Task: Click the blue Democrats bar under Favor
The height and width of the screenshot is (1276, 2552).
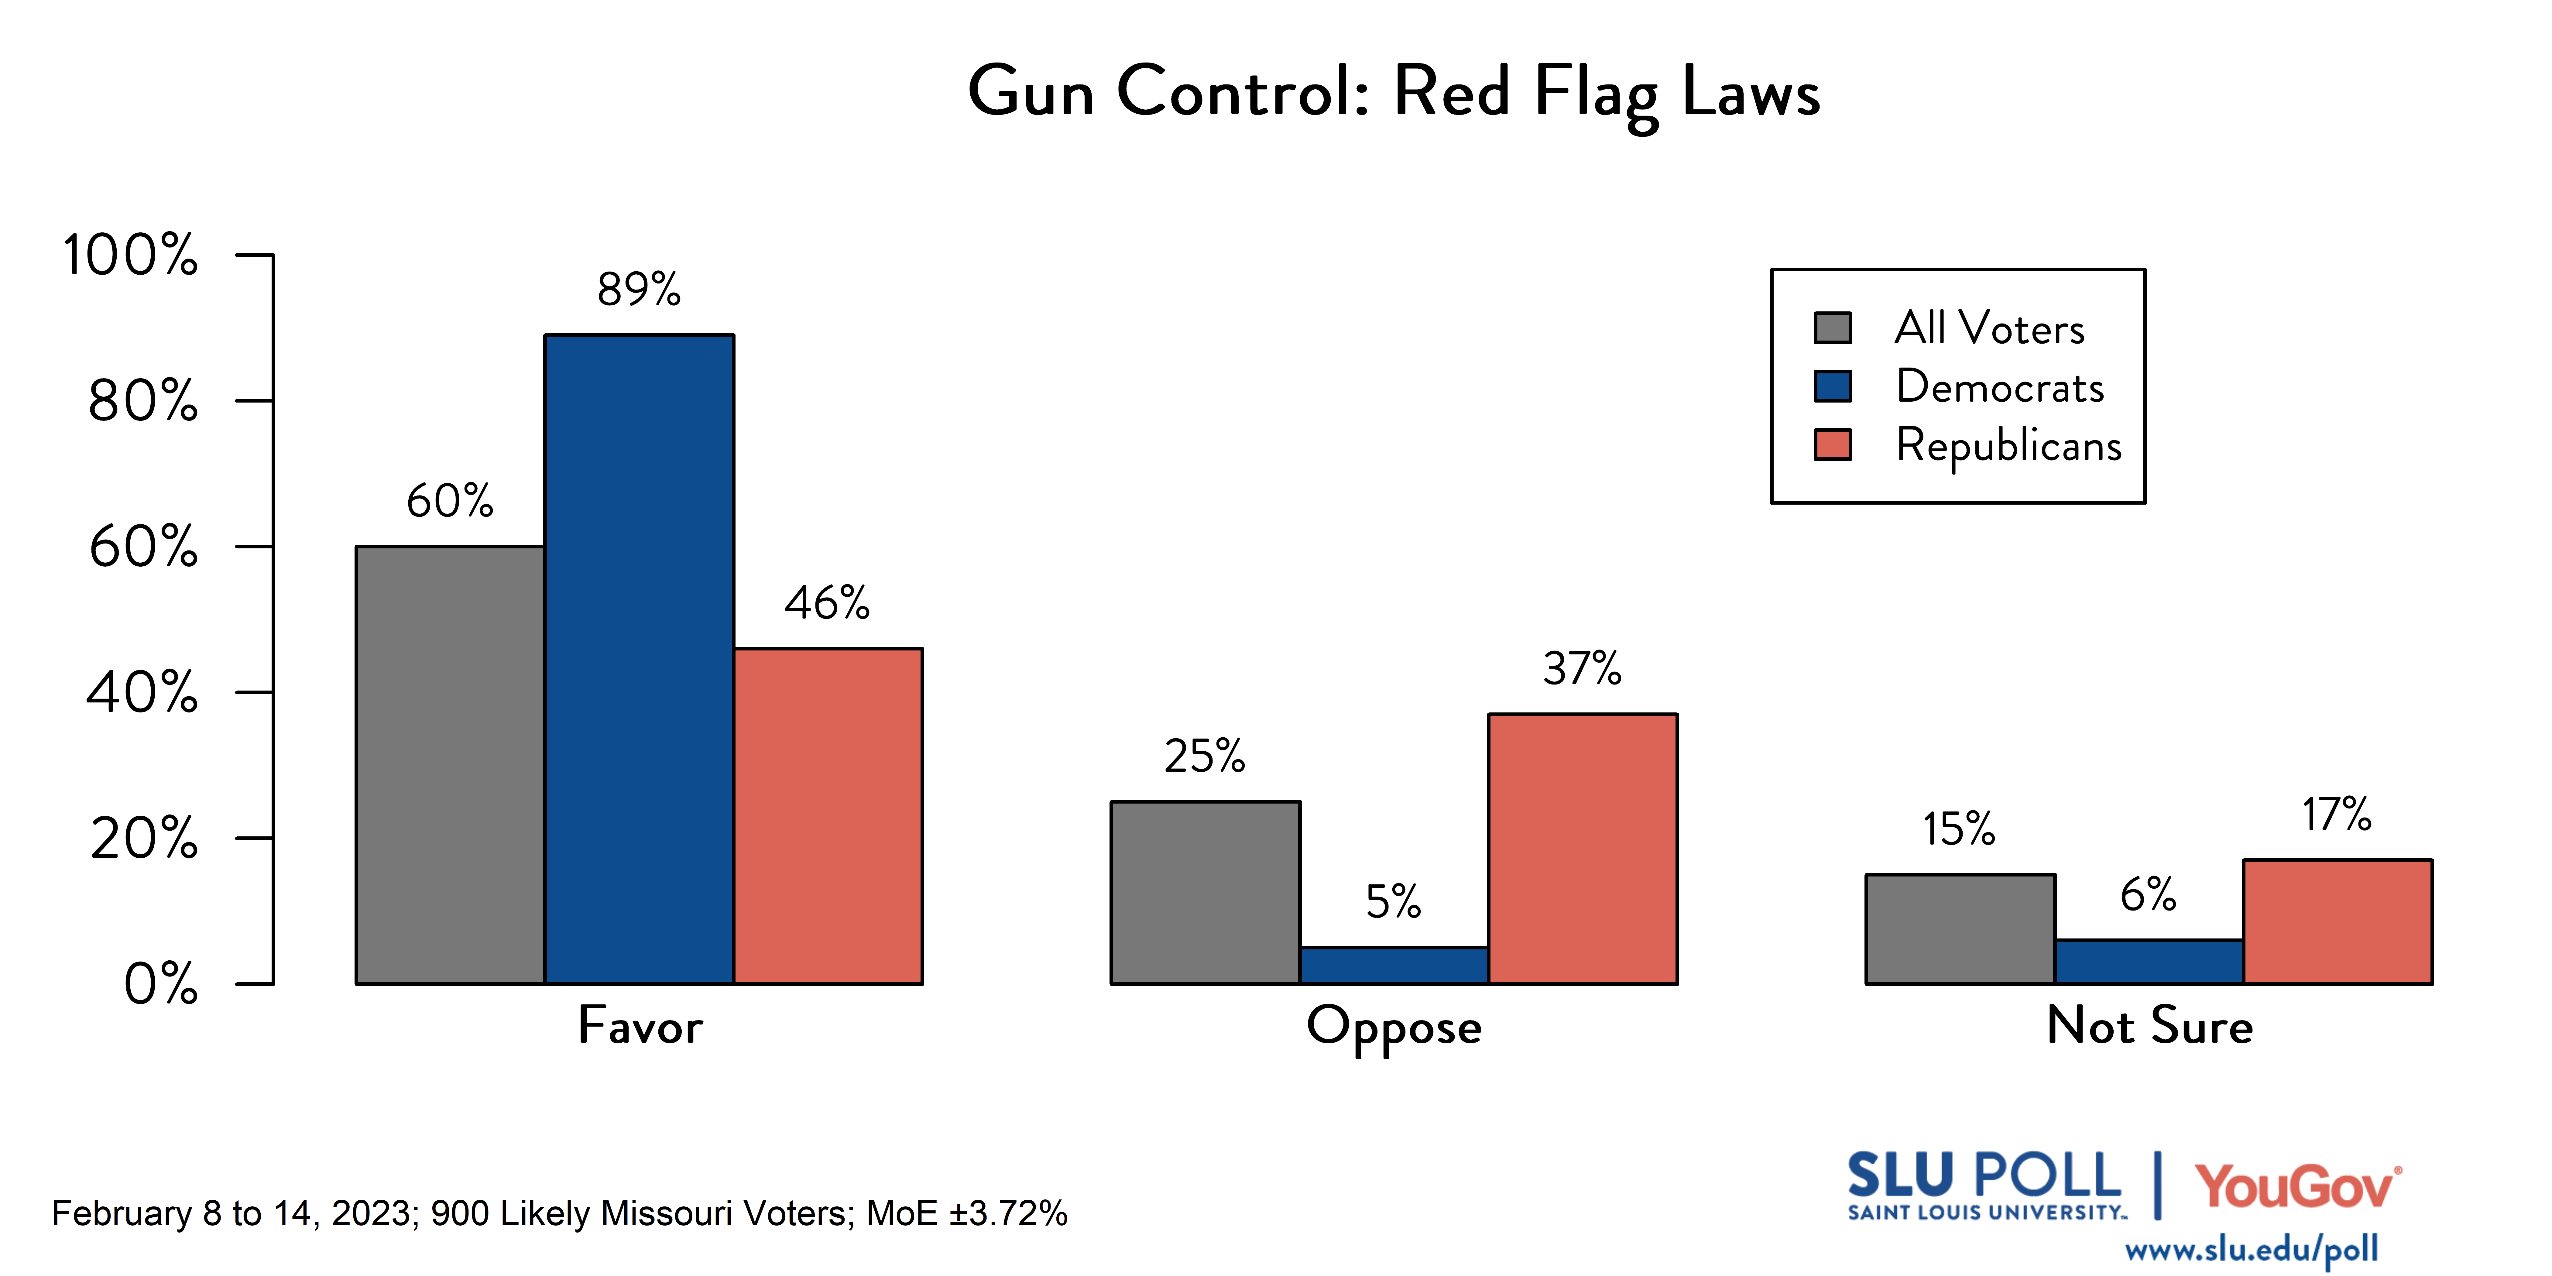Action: point(639,659)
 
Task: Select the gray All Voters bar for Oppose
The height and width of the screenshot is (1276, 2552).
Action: point(1205,892)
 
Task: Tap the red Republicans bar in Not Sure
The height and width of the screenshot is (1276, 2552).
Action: point(2337,921)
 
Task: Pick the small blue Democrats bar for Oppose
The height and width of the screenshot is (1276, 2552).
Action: point(1394,965)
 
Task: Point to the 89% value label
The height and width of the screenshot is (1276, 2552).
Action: point(639,289)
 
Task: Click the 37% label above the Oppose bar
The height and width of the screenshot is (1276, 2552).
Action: point(1582,669)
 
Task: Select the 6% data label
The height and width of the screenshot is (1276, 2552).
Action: point(2148,895)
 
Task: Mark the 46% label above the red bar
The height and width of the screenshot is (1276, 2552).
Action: point(827,602)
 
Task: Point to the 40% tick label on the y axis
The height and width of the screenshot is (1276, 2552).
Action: point(143,692)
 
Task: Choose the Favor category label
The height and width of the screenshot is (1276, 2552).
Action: point(640,1025)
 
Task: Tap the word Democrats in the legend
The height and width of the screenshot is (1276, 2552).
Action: point(1999,386)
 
